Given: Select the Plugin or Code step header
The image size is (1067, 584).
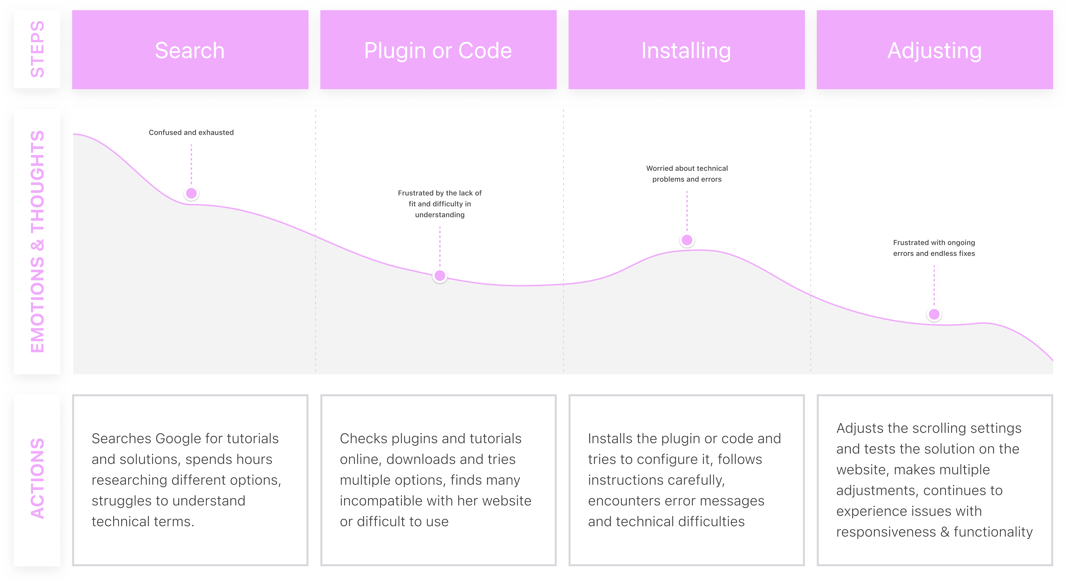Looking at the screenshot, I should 438,50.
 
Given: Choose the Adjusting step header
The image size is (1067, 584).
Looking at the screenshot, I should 934,50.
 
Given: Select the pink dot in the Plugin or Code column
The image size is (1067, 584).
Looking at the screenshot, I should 440,275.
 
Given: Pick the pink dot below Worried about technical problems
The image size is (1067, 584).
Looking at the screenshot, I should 687,240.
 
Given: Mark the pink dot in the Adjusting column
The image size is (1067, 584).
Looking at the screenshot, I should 934,314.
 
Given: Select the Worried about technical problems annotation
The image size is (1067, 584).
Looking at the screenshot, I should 687,173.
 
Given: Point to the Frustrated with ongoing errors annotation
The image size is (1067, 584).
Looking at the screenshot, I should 934,248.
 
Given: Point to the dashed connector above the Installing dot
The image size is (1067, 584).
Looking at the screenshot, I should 687,211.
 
